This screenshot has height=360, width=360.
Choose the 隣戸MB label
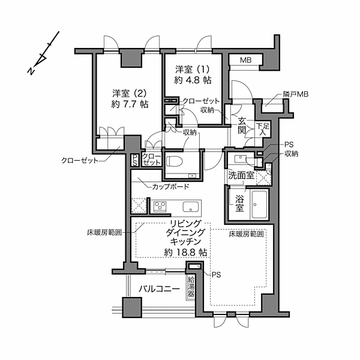295,95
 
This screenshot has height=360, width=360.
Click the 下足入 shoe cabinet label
261,130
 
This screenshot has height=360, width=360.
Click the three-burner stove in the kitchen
161,207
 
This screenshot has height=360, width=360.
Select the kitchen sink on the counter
191,207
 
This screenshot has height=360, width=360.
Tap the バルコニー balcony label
160,289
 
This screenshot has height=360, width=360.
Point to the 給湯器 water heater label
191,284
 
